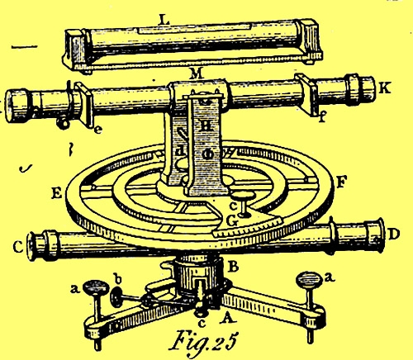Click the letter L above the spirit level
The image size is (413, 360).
click(x=164, y=20)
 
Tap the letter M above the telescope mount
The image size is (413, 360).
click(x=197, y=73)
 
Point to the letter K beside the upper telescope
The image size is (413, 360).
click(x=385, y=88)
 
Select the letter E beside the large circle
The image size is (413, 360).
click(x=57, y=194)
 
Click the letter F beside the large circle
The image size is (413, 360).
click(x=340, y=182)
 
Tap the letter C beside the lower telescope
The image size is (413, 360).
click(x=18, y=248)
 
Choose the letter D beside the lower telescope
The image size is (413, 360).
click(x=394, y=234)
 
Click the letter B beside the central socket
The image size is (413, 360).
click(x=234, y=267)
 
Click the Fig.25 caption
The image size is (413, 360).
click(x=202, y=341)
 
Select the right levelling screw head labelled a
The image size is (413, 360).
click(x=309, y=279)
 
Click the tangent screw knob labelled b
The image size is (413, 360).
click(x=116, y=296)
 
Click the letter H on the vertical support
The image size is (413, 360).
click(x=206, y=126)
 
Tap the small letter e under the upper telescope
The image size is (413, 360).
click(x=97, y=130)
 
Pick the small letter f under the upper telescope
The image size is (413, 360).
click(x=322, y=117)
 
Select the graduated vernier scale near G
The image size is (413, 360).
click(x=249, y=227)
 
